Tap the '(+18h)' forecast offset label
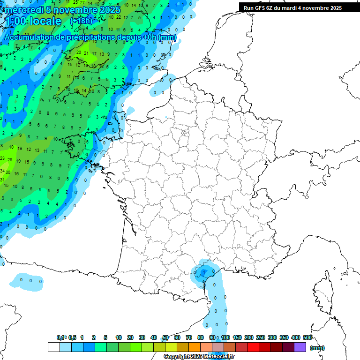[81, 21]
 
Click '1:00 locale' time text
[33, 22]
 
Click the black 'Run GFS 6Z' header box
[293, 7]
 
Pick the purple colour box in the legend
[300, 347]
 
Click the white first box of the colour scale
[53, 347]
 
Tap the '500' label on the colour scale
[307, 337]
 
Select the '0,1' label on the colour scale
[61, 337]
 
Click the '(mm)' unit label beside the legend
[317, 348]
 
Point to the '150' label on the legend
[237, 337]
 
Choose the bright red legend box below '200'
[253, 347]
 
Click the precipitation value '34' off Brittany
[2, 172]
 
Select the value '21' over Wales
[87, 53]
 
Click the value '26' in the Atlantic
[10, 160]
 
